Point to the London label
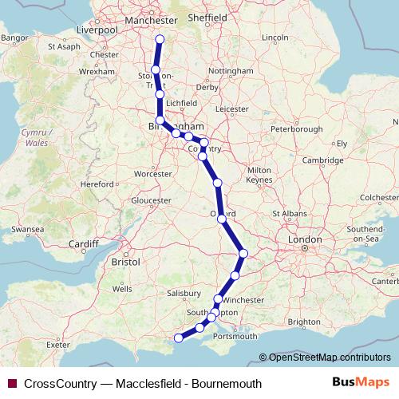(305, 239)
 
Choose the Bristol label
(126, 261)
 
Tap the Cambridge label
(323, 160)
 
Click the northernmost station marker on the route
(160, 38)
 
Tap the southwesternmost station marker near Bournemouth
(179, 338)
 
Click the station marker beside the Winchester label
(218, 299)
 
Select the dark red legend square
(12, 384)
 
